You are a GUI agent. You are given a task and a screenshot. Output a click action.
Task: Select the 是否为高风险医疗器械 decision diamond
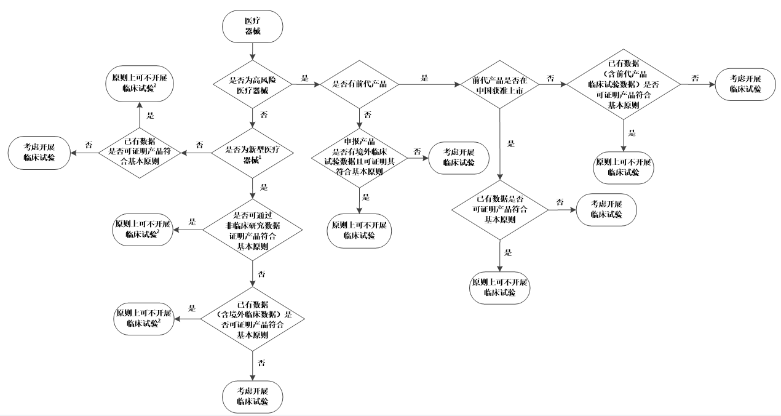coord(253,84)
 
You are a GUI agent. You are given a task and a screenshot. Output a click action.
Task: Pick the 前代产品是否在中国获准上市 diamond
coord(501,84)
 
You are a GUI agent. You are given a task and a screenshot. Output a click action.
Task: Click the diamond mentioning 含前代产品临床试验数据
coord(624,84)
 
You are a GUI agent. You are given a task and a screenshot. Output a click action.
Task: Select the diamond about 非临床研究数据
coord(253,230)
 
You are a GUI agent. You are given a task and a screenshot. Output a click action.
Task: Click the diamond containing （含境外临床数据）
coord(253,319)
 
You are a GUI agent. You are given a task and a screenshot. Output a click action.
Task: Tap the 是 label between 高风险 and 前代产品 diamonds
coord(304,78)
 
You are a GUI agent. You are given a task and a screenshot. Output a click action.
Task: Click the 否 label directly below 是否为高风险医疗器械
coord(263,115)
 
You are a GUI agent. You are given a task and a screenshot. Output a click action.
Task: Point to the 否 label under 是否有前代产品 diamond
coord(368,115)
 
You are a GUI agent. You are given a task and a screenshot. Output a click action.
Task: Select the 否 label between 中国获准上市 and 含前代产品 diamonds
coord(550,78)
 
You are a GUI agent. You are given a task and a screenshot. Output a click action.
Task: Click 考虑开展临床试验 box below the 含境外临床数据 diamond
coord(253,396)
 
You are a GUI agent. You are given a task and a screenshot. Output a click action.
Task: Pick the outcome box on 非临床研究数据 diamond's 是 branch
coord(143,230)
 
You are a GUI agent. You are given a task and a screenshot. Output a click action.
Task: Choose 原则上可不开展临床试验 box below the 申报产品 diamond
coord(359,230)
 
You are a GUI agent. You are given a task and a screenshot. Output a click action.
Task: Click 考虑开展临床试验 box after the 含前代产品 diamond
coord(745,84)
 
